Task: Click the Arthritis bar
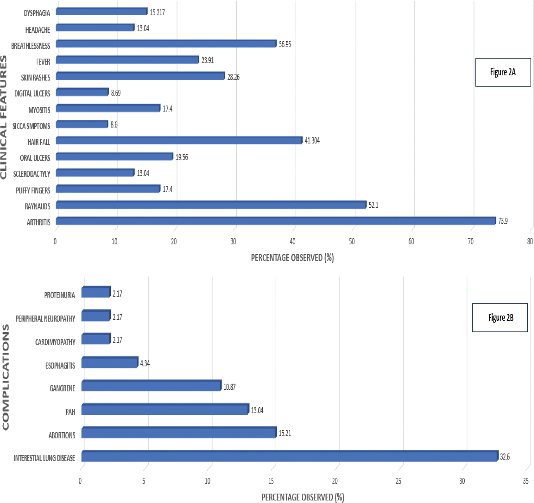pos(276,221)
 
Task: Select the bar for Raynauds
pos(211,205)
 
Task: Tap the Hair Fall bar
pos(179,140)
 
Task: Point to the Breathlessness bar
pos(166,44)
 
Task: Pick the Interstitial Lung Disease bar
pos(290,456)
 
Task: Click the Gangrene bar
pos(151,386)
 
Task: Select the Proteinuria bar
pos(96,292)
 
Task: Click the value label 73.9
pos(503,221)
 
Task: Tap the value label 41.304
pos(312,141)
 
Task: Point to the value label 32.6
pos(505,457)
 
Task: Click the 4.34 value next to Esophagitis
pos(145,364)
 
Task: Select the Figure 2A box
pos(503,72)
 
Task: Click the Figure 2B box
pos(500,318)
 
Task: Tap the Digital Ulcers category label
pos(32,94)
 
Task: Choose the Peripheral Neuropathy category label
pos(45,319)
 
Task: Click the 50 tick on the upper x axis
pos(352,242)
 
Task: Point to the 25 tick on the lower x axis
pos(398,481)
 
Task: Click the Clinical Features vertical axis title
pos(4,117)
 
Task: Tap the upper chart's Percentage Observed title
pos(292,258)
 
